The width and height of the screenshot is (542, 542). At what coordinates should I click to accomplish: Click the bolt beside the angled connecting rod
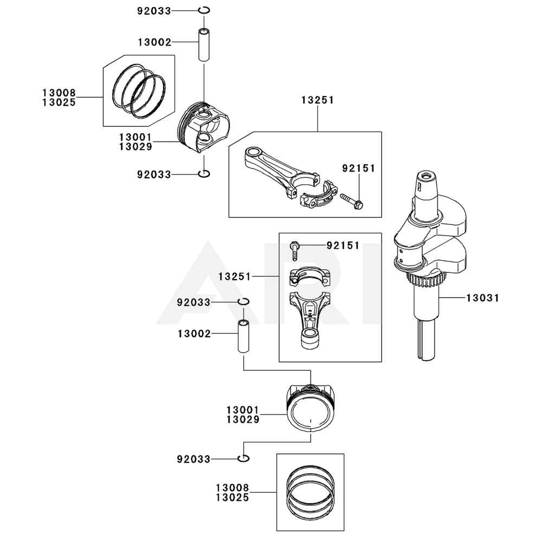352,202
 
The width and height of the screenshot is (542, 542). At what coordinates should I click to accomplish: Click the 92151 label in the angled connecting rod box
358,169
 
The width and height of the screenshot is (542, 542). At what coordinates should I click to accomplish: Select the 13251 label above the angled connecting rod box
317,100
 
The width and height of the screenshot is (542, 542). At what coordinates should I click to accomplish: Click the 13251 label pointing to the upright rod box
235,276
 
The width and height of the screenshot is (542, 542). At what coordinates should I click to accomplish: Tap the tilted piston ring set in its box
139,90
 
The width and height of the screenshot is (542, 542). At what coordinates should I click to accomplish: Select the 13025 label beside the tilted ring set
59,101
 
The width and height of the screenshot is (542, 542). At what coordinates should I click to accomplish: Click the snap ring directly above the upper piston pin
204,10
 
